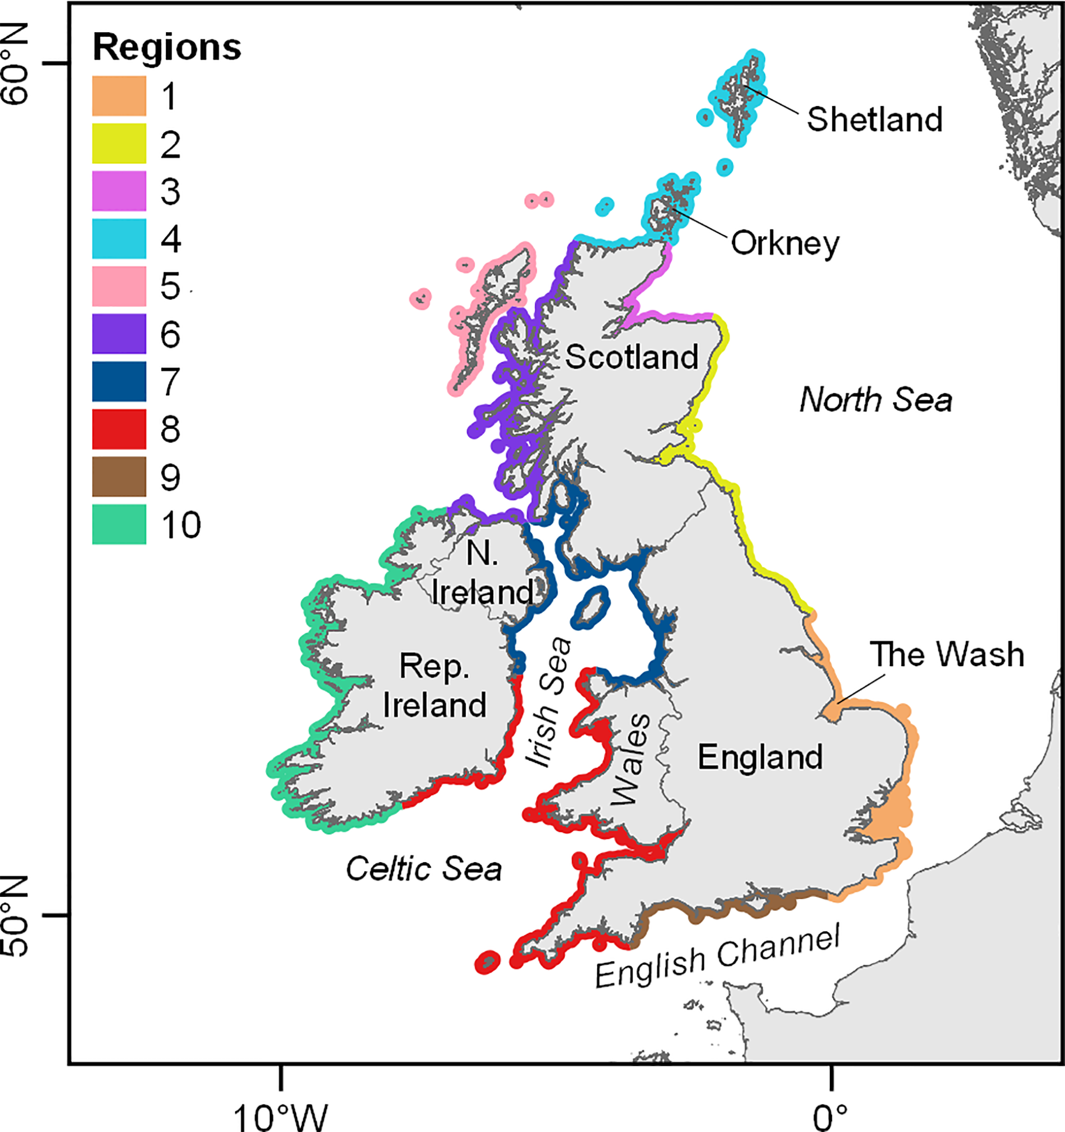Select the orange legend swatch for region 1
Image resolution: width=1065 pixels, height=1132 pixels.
pos(119,96)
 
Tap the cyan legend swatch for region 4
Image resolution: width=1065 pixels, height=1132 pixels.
pos(119,239)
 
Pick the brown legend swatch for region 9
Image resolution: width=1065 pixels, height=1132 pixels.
pos(119,477)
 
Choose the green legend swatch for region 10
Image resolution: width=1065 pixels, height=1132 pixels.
pos(119,524)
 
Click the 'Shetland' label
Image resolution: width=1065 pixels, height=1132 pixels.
pos(874,119)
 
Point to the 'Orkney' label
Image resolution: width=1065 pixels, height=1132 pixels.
pos(785,243)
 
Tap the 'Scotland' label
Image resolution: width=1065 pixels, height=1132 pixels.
pos(631,357)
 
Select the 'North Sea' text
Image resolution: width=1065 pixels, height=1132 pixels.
pos(875,400)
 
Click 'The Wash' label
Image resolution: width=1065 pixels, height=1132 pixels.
pos(946,654)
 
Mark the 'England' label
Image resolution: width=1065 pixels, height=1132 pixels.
pos(760,757)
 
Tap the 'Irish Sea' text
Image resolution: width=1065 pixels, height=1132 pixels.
pos(548,702)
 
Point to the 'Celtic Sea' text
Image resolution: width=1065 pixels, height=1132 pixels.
pos(424,869)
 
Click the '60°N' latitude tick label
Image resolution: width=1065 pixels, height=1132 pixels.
pos(16,64)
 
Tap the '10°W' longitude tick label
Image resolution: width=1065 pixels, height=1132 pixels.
pos(280,1117)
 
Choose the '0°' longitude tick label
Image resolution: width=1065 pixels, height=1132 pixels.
pos(831,1117)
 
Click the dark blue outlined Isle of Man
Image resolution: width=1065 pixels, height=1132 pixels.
pos(591,608)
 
